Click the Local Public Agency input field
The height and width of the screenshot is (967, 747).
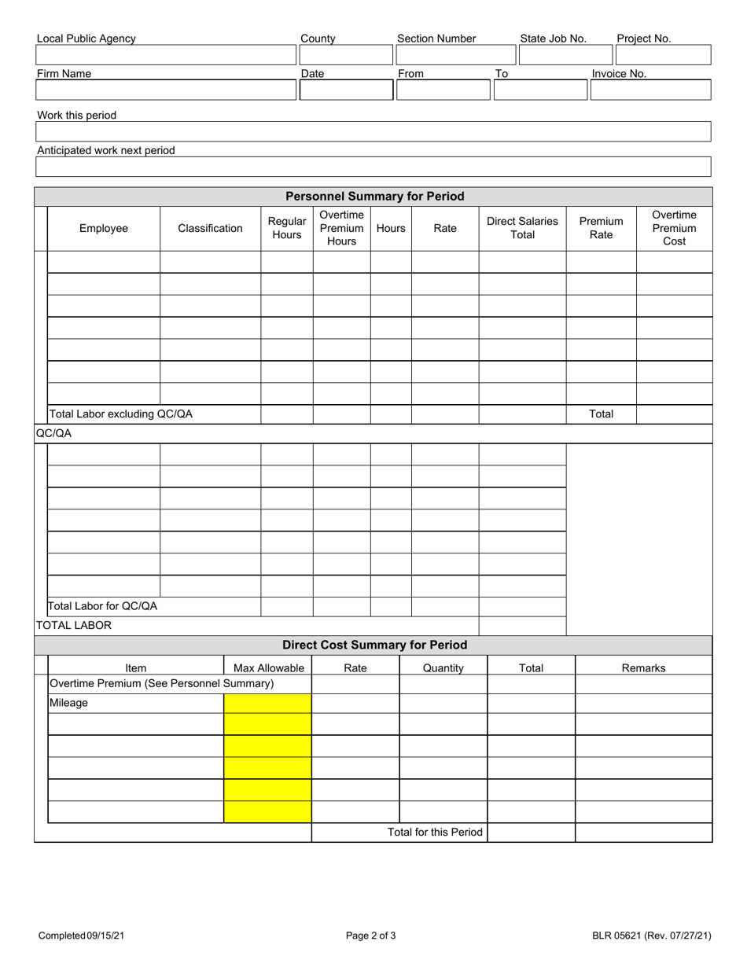166,55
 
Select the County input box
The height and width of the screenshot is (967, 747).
345,55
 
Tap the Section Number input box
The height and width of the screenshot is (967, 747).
455,55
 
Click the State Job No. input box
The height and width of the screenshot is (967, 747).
565,55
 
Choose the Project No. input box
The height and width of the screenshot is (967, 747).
663,55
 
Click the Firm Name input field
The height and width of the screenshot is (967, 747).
166,90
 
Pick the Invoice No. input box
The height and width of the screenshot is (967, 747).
650,90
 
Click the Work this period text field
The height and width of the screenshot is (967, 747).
373,131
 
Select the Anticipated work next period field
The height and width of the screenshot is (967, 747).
373,167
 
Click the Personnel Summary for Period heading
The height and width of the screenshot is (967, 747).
374,197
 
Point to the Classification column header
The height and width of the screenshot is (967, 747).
210,229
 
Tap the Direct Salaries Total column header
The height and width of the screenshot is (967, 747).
522,229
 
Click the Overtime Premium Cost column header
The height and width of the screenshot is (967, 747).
674,229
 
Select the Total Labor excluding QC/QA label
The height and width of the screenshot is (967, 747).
120,414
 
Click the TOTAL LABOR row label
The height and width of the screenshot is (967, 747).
74,626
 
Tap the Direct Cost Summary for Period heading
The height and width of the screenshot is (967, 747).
374,645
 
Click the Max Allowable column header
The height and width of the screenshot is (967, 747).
268,668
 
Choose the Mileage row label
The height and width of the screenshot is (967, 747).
68,704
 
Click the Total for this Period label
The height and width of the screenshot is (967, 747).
435,833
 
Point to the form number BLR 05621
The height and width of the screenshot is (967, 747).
652,936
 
